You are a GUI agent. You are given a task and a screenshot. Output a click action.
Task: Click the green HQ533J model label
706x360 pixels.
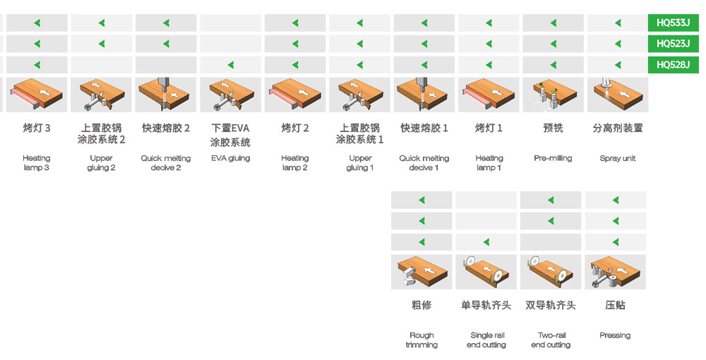point(673,23)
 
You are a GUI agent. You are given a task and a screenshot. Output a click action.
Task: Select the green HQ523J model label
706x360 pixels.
point(673,44)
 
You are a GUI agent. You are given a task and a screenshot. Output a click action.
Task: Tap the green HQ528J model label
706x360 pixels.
point(673,65)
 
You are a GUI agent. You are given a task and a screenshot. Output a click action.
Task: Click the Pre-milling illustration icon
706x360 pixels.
point(553,95)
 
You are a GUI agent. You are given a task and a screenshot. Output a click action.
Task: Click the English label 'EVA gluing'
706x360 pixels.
point(231,158)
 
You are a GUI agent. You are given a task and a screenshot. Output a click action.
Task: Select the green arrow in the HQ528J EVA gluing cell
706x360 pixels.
point(231,65)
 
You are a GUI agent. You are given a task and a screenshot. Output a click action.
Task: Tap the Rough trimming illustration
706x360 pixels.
point(421,272)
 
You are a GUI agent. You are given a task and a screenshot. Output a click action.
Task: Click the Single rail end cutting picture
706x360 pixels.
point(486,272)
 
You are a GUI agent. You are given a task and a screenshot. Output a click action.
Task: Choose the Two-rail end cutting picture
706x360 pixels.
point(551,272)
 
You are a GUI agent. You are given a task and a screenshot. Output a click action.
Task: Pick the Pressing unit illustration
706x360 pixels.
point(615,272)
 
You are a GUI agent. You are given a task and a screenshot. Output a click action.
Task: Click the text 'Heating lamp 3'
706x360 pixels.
point(37,163)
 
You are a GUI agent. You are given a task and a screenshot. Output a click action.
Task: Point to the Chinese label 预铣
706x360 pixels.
point(553,128)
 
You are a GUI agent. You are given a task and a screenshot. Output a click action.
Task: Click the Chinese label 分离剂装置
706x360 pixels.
point(617,128)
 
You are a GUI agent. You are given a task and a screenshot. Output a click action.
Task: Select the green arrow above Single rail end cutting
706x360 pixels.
point(486,242)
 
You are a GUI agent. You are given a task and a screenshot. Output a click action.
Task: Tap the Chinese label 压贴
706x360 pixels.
point(615,305)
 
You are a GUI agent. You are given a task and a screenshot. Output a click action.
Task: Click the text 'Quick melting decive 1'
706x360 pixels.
point(424,163)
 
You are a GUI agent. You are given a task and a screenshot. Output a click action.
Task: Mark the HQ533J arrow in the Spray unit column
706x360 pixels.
point(618,23)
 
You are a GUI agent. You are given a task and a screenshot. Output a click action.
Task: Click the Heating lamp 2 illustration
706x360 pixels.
point(295,95)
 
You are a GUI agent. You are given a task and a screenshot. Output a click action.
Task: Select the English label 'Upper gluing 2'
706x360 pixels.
point(101,163)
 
